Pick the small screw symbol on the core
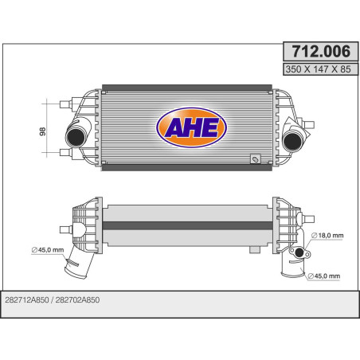(254, 160)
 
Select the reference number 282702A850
(85, 300)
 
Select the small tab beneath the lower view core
(254, 249)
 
